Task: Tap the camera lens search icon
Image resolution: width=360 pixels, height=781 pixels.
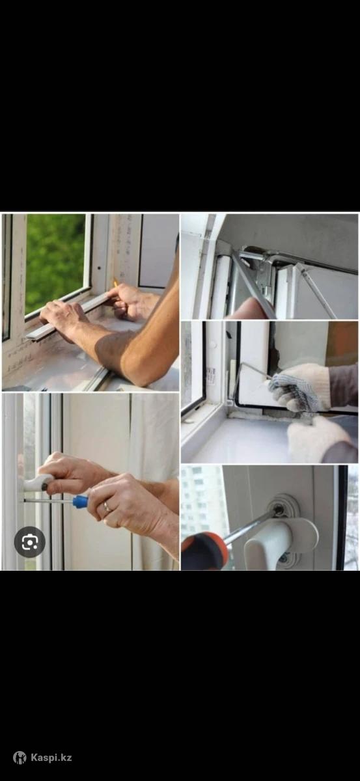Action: coord(30,541)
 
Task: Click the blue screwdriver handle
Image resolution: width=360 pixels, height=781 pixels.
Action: coord(80,501)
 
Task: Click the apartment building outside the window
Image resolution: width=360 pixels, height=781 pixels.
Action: coord(201,502)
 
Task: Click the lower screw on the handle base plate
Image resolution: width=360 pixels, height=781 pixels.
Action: coord(284,558)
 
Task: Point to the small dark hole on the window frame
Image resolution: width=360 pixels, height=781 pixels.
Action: coord(99,268)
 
